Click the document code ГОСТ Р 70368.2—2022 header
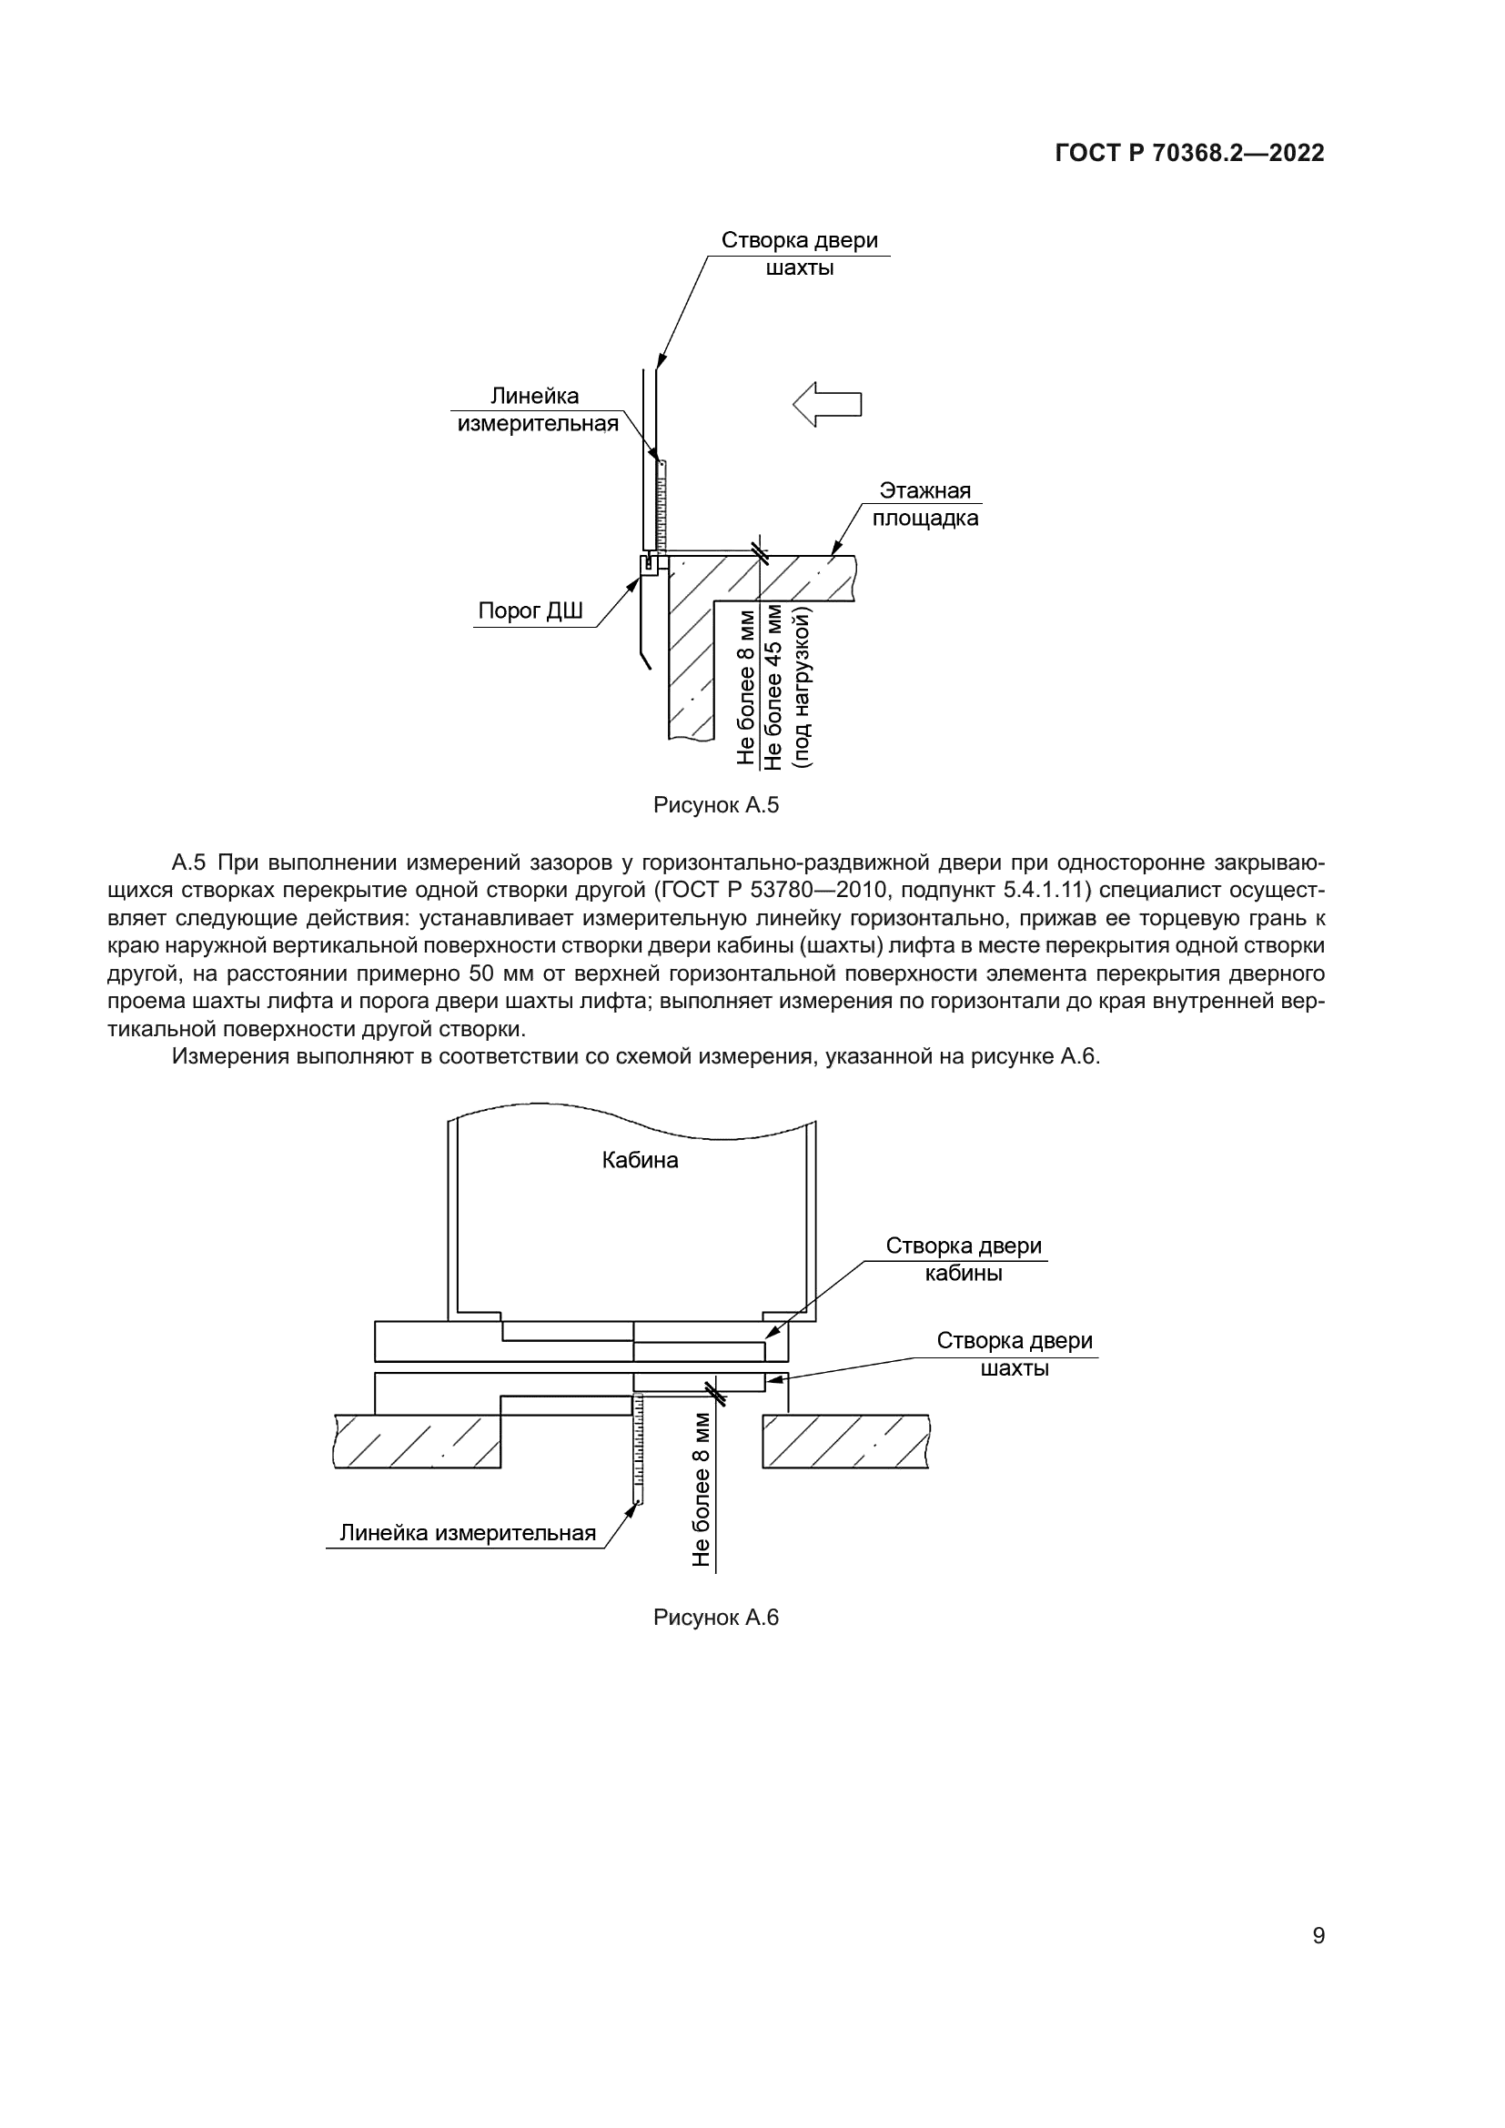point(1189,154)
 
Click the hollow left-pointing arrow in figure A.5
point(827,405)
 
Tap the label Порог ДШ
point(530,610)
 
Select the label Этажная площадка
point(924,504)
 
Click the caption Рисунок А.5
point(715,805)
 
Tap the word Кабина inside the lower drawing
point(640,1160)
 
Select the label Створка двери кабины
point(963,1258)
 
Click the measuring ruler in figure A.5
point(662,505)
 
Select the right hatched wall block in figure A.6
point(845,1441)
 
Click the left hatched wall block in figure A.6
point(417,1441)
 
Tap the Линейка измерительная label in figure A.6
point(467,1533)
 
